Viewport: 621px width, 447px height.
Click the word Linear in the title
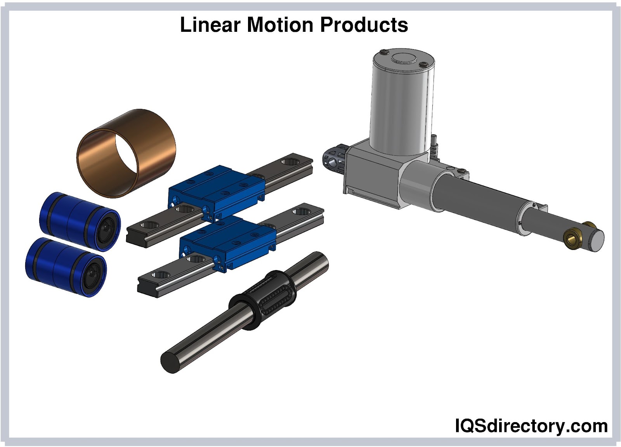(210, 25)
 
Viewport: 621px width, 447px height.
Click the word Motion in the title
(280, 25)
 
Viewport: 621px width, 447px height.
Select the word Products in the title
(364, 25)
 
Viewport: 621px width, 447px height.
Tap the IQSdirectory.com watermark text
(531, 426)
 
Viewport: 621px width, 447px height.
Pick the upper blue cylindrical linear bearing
(80, 222)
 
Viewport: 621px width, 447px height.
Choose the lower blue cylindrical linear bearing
(66, 267)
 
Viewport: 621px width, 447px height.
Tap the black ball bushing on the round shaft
(262, 300)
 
